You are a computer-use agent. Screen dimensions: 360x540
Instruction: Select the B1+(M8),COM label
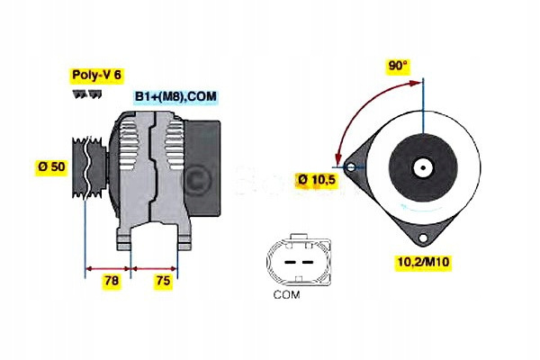pos(175,96)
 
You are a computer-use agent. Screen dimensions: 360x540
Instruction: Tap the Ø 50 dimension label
pos(50,166)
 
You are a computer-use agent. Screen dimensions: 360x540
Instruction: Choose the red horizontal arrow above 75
pos(155,267)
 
